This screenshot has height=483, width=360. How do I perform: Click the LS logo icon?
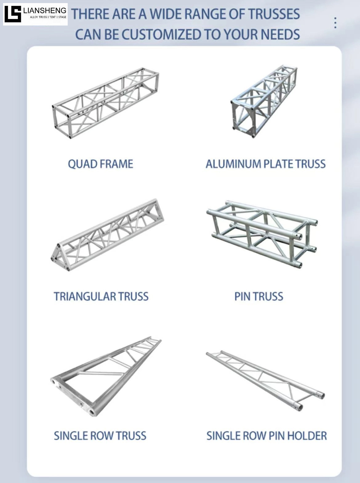[x=13, y=14]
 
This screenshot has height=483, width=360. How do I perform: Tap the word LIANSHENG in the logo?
[x=45, y=11]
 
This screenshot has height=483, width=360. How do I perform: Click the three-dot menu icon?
[x=335, y=23]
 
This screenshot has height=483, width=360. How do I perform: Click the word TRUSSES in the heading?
[x=274, y=14]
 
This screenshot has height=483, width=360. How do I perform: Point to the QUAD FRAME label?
[x=101, y=164]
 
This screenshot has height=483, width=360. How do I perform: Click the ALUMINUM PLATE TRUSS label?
[x=266, y=164]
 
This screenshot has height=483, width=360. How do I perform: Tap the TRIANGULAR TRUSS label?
[x=101, y=297]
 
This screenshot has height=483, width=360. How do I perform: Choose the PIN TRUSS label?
[x=259, y=297]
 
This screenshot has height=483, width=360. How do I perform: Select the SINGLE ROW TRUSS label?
[x=100, y=436]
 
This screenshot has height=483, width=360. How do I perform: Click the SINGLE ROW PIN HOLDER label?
[x=266, y=436]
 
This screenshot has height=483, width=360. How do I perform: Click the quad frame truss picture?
[x=105, y=103]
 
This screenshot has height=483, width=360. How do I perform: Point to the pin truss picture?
[x=262, y=234]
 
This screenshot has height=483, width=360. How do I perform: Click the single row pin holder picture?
[x=265, y=381]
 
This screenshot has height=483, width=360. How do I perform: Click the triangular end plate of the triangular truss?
[x=58, y=256]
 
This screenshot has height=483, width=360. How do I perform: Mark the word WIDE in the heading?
[x=168, y=14]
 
